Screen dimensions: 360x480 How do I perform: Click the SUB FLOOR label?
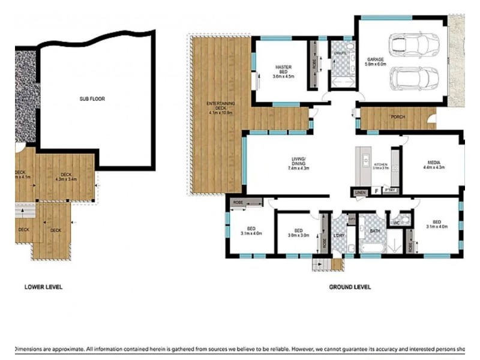93,99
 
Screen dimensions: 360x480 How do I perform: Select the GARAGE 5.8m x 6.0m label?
376,61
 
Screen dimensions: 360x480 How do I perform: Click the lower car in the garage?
414,78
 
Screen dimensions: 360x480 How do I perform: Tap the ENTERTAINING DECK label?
221,108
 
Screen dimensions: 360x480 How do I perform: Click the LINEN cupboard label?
360,192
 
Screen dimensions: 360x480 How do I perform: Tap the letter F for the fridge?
376,191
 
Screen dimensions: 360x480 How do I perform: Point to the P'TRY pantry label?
390,191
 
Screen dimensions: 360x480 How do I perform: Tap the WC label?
397,223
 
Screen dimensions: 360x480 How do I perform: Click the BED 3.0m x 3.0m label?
298,233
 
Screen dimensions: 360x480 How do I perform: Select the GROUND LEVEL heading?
349,287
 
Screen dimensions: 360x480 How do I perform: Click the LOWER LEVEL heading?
43,287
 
